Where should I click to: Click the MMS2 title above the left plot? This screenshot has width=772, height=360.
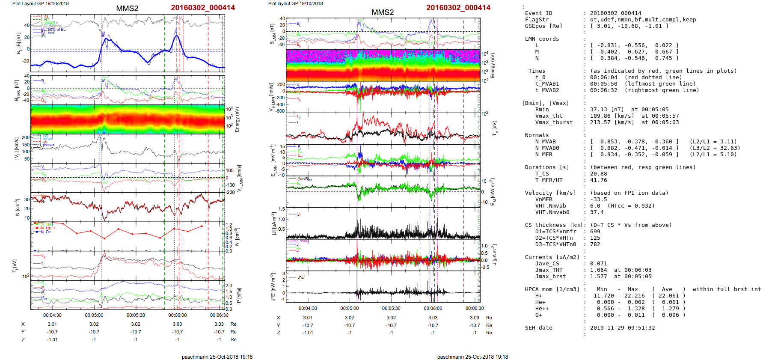pyautogui.click(x=127, y=9)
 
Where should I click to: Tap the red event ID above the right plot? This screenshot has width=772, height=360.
pyautogui.click(x=458, y=8)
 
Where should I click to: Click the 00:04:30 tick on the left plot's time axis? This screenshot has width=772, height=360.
pyautogui.click(x=52, y=315)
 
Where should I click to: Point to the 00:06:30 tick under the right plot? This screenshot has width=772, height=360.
pyautogui.click(x=475, y=308)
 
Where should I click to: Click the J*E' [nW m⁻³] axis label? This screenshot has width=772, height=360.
pyautogui.click(x=273, y=287)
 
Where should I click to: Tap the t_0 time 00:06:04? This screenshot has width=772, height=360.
pyautogui.click(x=603, y=77)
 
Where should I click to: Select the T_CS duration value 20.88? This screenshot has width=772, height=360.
pyautogui.click(x=598, y=174)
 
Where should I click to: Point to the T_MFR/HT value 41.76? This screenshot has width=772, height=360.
pyautogui.click(x=598, y=180)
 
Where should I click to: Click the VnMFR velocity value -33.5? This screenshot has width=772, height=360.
pyautogui.click(x=598, y=199)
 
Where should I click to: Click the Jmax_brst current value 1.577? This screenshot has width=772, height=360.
pyautogui.click(x=598, y=277)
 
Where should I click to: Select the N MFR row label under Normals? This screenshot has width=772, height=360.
pyautogui.click(x=543, y=155)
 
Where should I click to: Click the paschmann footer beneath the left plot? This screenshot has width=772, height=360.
pyautogui.click(x=217, y=357)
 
